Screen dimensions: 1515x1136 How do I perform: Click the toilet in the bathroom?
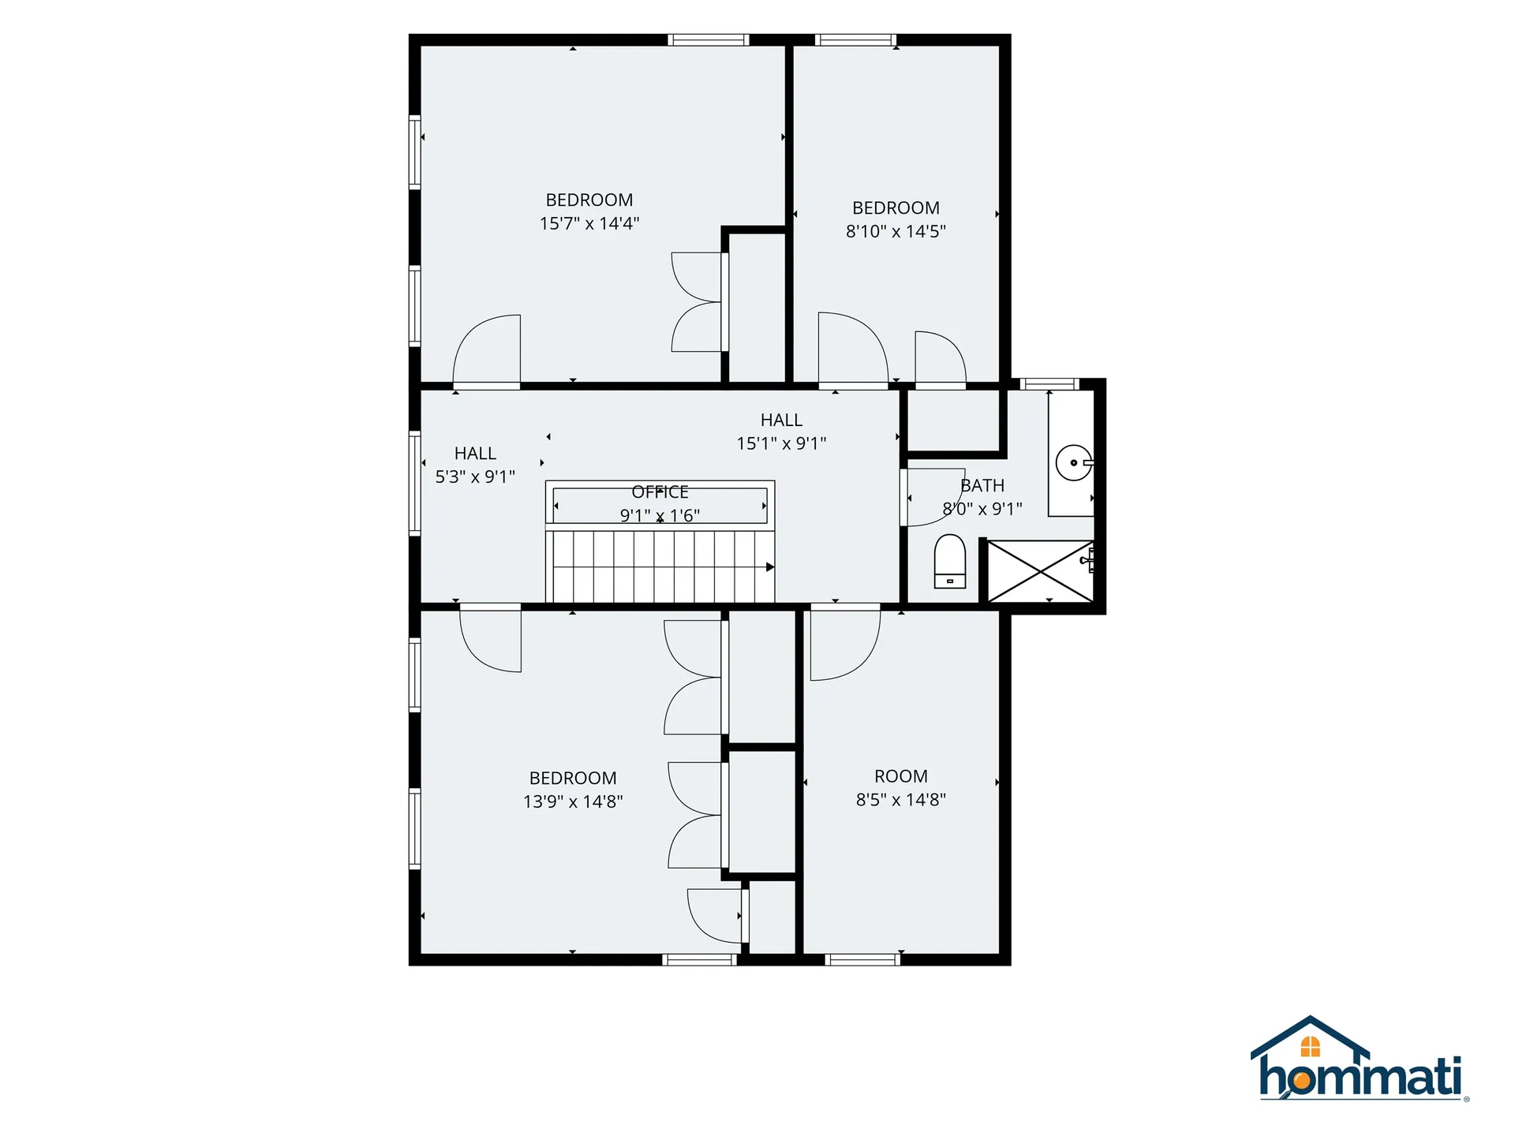pos(949,562)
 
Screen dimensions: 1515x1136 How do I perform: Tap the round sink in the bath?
pos(1075,463)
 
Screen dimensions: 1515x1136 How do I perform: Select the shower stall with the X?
pos(1041,571)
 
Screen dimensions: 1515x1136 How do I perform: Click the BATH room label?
pos(982,486)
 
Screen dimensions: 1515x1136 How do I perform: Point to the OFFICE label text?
pos(660,492)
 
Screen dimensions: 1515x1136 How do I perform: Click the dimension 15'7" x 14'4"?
pos(589,223)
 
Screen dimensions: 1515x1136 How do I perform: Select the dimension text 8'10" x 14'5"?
pos(896,231)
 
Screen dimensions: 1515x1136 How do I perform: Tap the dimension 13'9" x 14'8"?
pos(573,802)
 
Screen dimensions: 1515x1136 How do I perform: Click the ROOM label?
pos(901,776)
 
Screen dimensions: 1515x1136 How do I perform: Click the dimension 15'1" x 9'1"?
pos(781,443)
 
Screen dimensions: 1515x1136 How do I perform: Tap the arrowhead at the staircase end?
pos(770,567)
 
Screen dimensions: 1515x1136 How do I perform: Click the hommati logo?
pos(1360,1059)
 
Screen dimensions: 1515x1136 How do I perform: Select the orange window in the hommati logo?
pos(1310,1047)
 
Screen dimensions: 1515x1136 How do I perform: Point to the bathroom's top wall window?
pos(1049,384)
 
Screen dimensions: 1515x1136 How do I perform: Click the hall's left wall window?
pos(414,484)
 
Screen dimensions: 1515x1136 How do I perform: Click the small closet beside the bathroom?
pos(953,420)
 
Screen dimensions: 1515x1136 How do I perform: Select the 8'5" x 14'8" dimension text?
pos(901,800)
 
